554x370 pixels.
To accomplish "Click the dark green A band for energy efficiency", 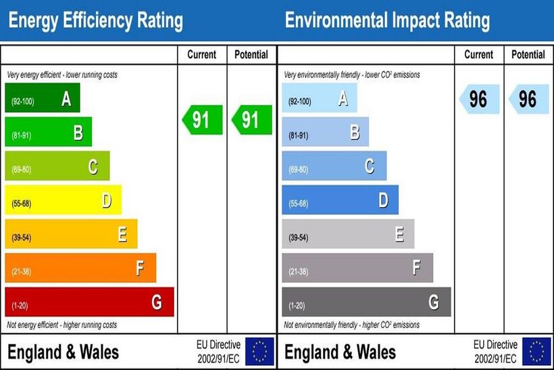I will tap(42, 98).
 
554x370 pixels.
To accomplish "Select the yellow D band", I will tap(63, 200).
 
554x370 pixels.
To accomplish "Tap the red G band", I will tap(89, 302).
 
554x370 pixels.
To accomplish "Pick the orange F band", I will tap(80, 268).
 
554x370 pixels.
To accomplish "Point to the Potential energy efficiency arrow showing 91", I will tap(251, 120).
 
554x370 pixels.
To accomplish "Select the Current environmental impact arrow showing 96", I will tap(479, 99).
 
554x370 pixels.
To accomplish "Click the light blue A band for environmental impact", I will tap(319, 99).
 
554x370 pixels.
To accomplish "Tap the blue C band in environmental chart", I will tap(334, 166).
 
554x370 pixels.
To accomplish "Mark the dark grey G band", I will tap(366, 302).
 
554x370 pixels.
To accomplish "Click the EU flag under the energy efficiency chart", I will tap(259, 352).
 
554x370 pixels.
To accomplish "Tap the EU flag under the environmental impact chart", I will tap(536, 352).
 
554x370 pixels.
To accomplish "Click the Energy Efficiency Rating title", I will tap(95, 21).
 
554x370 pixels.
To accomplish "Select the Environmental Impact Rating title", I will tap(387, 21).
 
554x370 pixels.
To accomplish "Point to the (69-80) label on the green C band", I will tap(20, 169).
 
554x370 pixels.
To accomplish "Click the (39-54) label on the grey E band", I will tap(298, 237).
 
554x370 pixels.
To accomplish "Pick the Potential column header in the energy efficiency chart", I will tap(251, 55).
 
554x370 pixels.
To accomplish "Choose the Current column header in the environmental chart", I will tap(479, 55).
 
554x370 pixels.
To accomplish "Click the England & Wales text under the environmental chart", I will tap(341, 352).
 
